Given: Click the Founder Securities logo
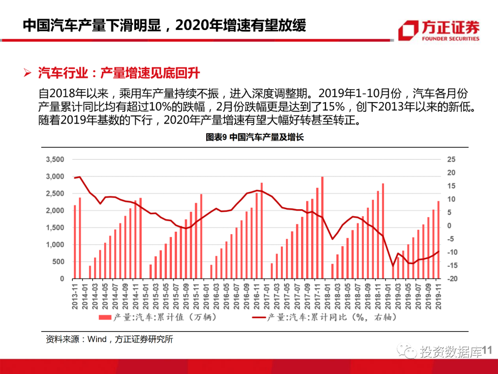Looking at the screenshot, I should pos(439,30).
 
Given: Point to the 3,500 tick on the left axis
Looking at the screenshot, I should pos(55,160).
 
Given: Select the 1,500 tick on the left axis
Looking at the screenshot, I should pos(55,228).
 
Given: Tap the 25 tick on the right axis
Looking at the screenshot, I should pos(451,160).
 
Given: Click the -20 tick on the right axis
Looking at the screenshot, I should pos(451,279).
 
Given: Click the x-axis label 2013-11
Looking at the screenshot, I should pos(75,294).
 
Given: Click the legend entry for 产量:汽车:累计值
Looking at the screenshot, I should pos(157,317).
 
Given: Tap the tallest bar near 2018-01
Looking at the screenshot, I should pos(322,228).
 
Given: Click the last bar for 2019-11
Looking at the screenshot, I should pos(438,240).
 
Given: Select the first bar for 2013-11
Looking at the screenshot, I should pos(75,242).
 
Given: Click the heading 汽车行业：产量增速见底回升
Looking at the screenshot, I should pos(119,73).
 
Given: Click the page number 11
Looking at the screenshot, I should pos(488,352).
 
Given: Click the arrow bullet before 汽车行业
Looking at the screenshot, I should pos(28,73).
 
